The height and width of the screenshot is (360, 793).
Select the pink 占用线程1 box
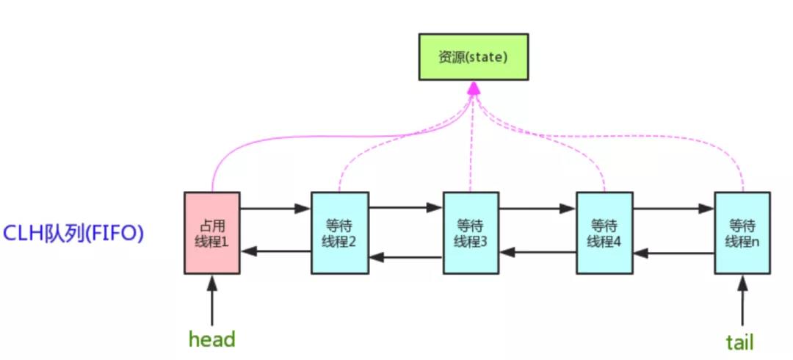[x=211, y=233]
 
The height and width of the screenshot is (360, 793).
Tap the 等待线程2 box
[x=338, y=233]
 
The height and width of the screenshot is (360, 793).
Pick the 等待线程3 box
[x=471, y=233]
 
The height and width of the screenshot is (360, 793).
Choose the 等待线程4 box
[x=604, y=233]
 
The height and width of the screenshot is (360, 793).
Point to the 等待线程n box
[x=742, y=233]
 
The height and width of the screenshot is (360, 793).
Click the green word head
[x=211, y=339]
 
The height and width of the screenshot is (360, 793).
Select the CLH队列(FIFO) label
[x=73, y=234]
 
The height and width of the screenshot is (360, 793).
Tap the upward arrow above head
[x=211, y=300]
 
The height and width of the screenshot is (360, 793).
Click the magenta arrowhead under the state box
[x=474, y=88]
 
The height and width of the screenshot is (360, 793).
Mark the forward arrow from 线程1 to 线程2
[x=275, y=209]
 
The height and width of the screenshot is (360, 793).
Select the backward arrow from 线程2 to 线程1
[x=275, y=251]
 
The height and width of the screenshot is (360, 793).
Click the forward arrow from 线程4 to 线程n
[x=673, y=209]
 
